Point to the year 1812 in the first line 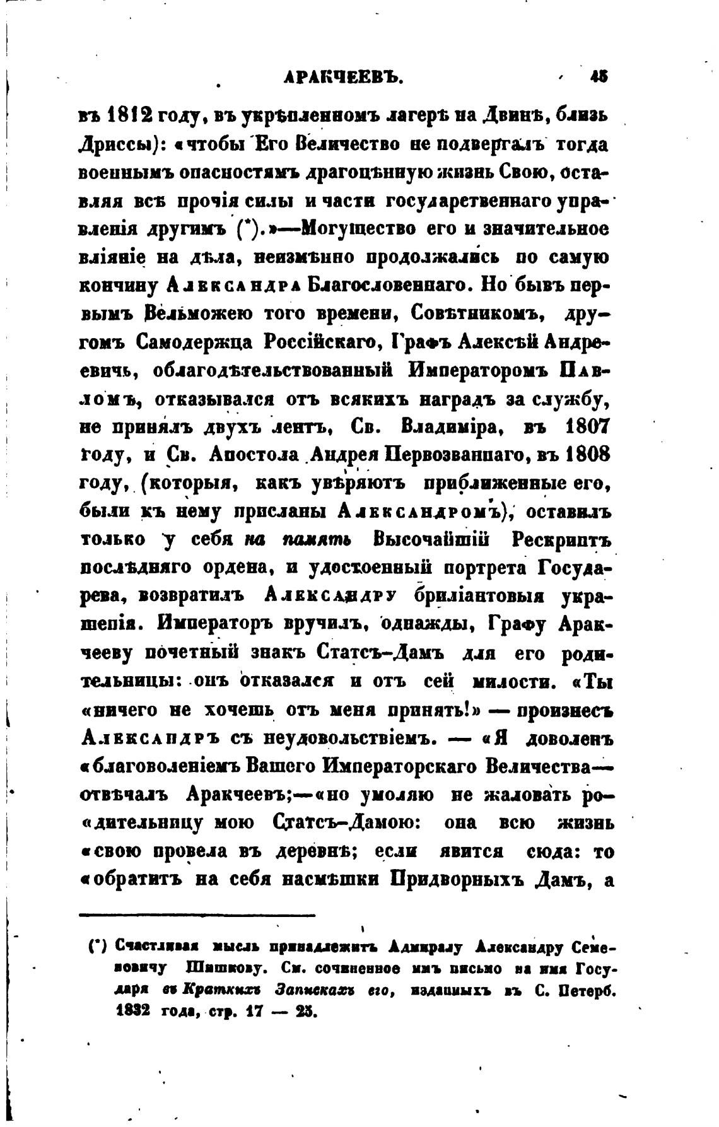tap(136, 115)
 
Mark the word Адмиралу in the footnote tap(426, 947)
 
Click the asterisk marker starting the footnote tap(96, 947)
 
